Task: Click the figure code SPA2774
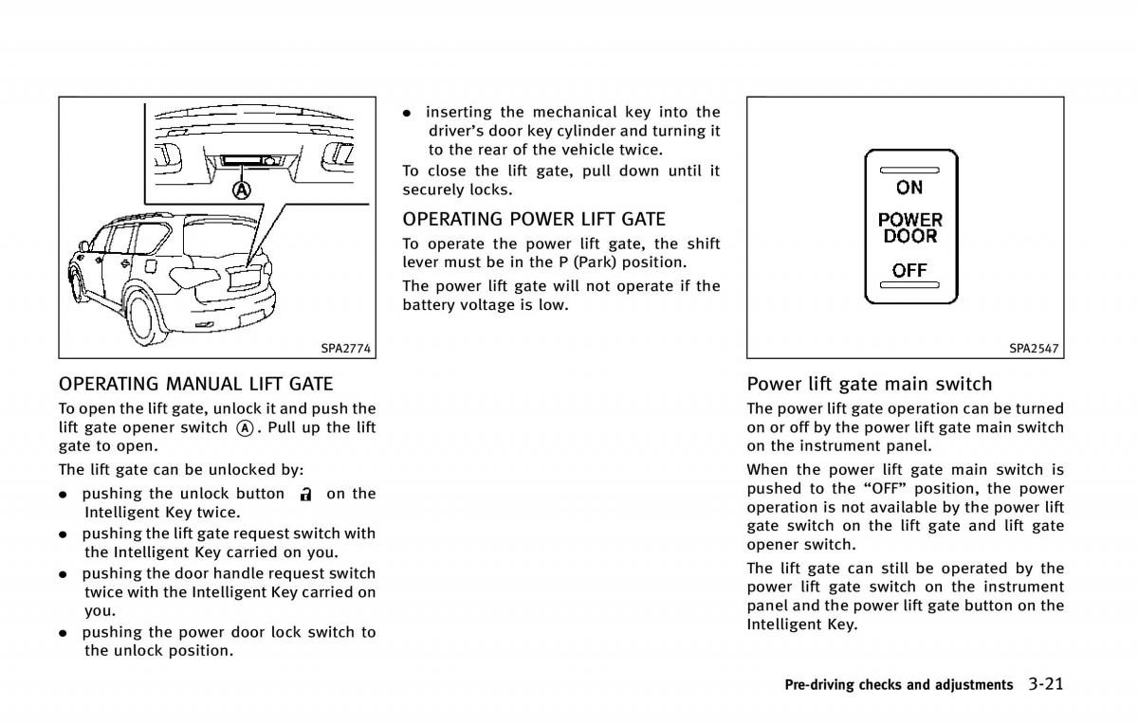click(x=345, y=348)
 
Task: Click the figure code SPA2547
click(x=1034, y=348)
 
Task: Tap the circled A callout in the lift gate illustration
click(x=243, y=190)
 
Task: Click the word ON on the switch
click(x=909, y=188)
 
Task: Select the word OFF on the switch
click(x=909, y=270)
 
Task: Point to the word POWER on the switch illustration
click(x=909, y=220)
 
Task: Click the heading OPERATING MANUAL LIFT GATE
click(x=196, y=384)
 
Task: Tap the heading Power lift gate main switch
click(x=870, y=384)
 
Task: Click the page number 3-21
click(x=1044, y=683)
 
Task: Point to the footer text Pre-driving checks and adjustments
click(x=898, y=684)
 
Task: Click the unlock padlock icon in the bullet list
click(x=305, y=494)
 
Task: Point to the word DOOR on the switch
click(x=909, y=236)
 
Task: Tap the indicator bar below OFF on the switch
click(x=909, y=285)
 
